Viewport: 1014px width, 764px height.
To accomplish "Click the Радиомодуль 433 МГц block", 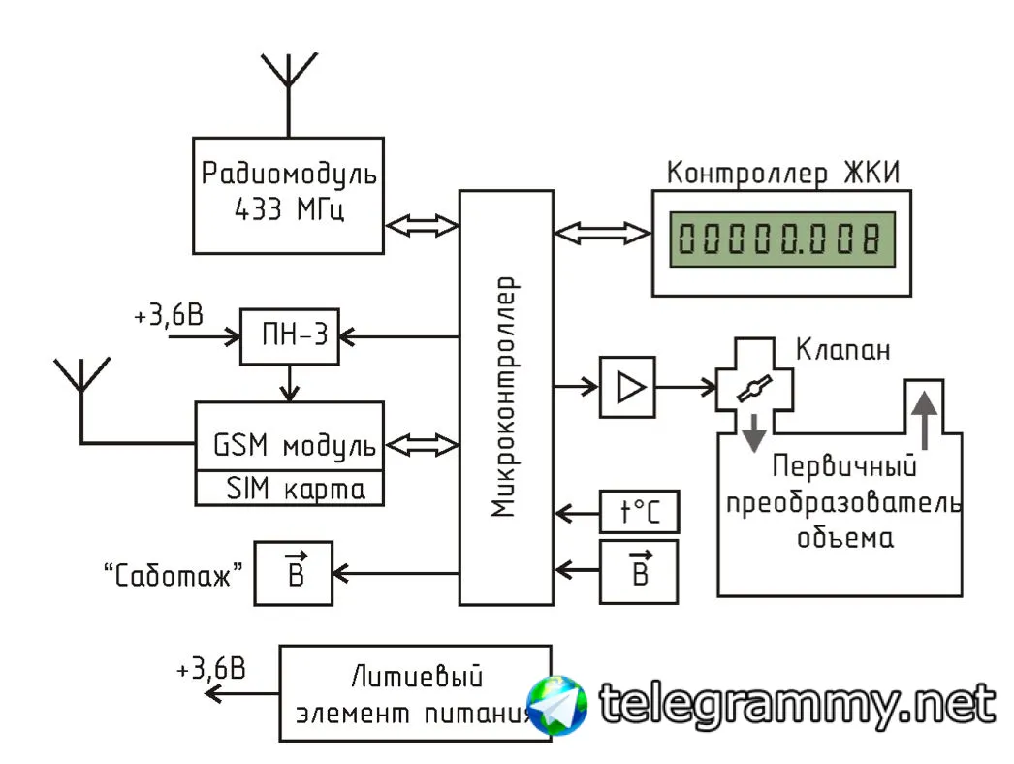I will [x=288, y=194].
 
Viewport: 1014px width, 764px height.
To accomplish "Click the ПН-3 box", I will [x=290, y=337].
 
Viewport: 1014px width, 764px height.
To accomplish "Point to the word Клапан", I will [x=841, y=349].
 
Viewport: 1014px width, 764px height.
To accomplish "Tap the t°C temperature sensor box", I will [x=639, y=511].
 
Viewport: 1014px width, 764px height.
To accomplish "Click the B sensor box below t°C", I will [x=639, y=570].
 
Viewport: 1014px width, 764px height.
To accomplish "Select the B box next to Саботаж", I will [x=294, y=572].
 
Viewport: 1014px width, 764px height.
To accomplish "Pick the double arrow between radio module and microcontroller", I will [x=422, y=225].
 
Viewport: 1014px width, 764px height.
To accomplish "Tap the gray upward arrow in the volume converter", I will [x=925, y=416].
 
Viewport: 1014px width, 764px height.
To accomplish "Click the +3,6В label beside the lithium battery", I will [x=211, y=669].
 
